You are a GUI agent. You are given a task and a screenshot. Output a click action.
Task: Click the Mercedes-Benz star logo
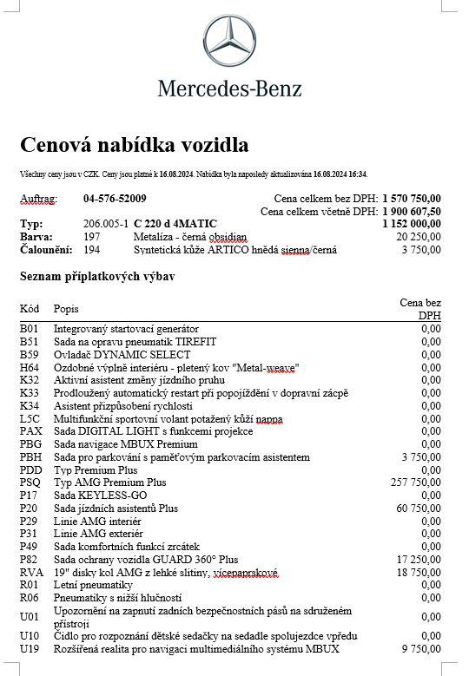coord(230,40)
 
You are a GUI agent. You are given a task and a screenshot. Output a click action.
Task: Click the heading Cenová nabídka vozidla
coord(134,143)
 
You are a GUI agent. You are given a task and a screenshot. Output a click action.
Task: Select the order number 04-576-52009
coord(115,199)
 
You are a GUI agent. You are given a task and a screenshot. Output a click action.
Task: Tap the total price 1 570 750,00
coord(412,199)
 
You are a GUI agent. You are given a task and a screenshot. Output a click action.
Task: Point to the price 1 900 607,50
coord(412,211)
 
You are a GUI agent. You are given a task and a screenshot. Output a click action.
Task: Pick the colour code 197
coord(91,237)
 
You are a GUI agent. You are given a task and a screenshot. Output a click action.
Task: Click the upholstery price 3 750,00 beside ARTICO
coord(420,250)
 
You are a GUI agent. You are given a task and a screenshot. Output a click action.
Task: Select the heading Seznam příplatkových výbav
coord(97,277)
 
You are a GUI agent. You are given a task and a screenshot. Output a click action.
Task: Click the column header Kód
coord(30,308)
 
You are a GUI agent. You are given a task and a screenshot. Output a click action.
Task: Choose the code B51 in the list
coord(30,342)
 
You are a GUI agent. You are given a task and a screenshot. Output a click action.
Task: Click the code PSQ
coord(30,482)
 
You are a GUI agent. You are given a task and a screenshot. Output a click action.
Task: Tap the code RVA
coord(30,573)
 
